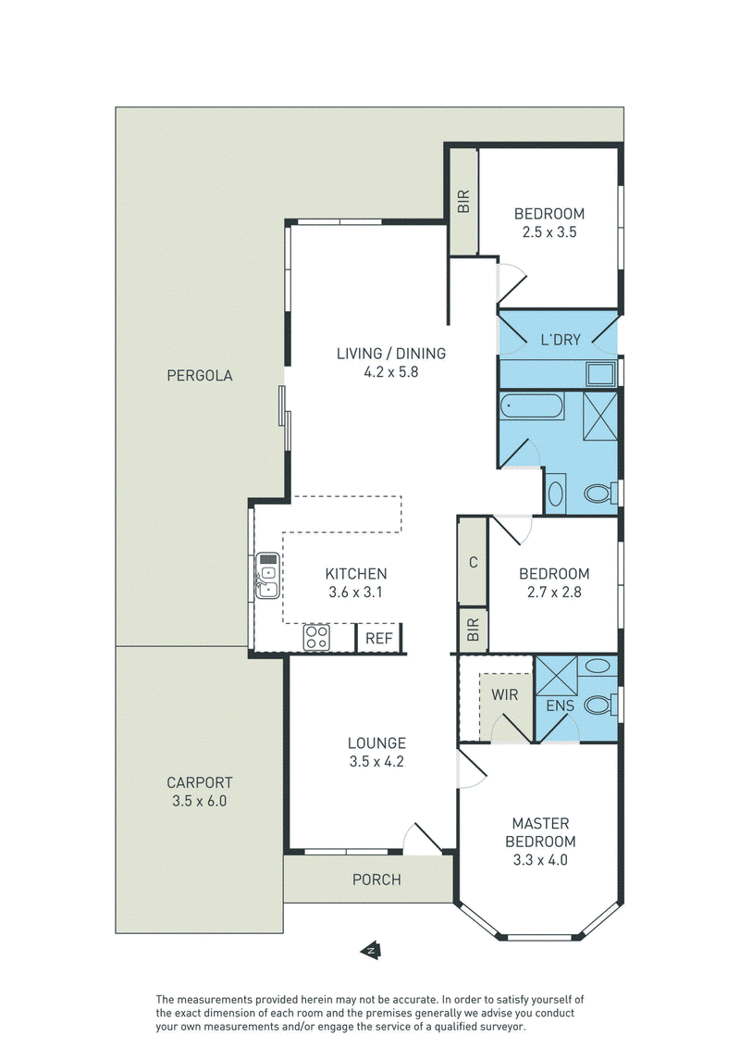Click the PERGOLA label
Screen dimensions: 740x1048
pyautogui.click(x=200, y=376)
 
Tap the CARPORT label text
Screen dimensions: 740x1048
pyautogui.click(x=200, y=782)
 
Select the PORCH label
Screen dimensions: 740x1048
pyautogui.click(x=376, y=880)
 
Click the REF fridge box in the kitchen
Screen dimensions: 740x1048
pyautogui.click(x=378, y=638)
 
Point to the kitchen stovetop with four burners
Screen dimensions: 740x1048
pyautogui.click(x=316, y=638)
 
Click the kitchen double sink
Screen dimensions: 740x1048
pyautogui.click(x=268, y=576)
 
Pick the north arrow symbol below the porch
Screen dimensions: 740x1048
pyautogui.click(x=371, y=950)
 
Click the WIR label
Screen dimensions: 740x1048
pyautogui.click(x=504, y=695)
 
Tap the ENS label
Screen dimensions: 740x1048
pyautogui.click(x=560, y=705)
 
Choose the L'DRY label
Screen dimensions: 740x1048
pyautogui.click(x=561, y=340)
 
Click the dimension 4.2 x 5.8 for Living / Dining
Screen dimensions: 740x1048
pyautogui.click(x=390, y=371)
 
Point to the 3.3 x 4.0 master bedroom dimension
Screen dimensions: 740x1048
pyautogui.click(x=540, y=860)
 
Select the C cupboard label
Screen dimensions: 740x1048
pyautogui.click(x=474, y=563)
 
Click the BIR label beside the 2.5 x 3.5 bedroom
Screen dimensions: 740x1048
pyautogui.click(x=463, y=201)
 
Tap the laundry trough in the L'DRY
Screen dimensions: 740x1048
pyautogui.click(x=601, y=374)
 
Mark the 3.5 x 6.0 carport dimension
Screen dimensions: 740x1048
pyautogui.click(x=200, y=801)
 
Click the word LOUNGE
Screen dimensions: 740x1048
pyautogui.click(x=376, y=743)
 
